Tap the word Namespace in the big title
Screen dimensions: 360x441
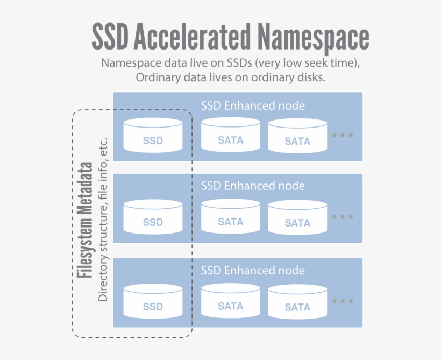tap(311, 37)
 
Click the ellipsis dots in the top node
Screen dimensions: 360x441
tap(342, 135)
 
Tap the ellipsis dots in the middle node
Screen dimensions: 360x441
tap(342, 217)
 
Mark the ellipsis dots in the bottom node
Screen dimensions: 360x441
tap(342, 301)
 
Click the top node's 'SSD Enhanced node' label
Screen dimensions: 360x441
tap(253, 105)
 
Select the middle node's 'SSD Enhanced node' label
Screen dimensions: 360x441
tap(253, 186)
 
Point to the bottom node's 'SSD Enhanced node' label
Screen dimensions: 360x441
tap(253, 271)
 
